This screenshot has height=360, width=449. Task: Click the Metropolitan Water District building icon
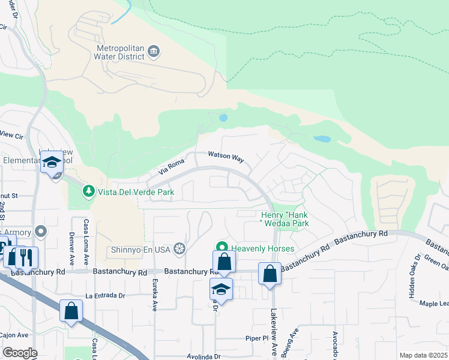(x=154, y=52)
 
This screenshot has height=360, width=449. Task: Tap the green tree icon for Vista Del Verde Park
(x=89, y=191)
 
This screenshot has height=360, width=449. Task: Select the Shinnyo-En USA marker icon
(x=179, y=248)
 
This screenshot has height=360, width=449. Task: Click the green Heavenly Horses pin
(x=221, y=247)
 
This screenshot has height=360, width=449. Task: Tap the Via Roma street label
(x=170, y=167)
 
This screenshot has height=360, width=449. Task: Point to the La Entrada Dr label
(x=106, y=296)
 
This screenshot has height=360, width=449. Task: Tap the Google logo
(x=20, y=353)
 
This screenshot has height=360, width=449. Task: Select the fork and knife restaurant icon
(x=26, y=257)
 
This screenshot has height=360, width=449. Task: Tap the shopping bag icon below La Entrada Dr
(x=71, y=311)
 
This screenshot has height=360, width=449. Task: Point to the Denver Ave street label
(x=71, y=245)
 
